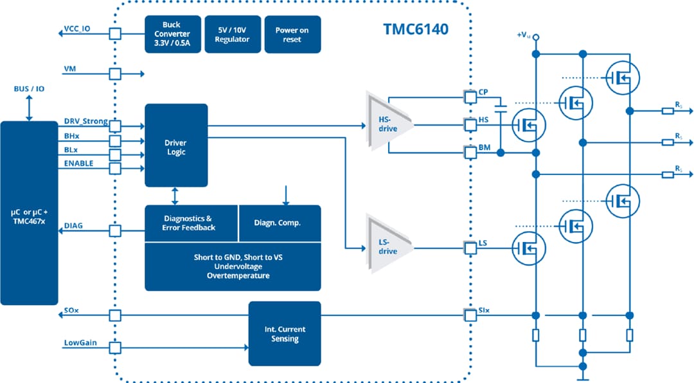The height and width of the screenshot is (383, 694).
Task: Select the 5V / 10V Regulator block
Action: (231, 34)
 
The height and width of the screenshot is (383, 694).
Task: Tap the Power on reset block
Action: (292, 34)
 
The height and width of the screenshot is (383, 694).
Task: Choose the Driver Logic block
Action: (176, 145)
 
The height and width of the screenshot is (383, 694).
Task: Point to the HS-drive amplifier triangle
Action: (388, 124)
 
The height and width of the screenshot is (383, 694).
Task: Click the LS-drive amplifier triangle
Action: (388, 246)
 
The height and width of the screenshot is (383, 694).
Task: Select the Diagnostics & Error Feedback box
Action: (191, 223)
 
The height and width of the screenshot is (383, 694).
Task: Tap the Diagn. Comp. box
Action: (279, 223)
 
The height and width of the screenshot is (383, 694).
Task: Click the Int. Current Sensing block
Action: (285, 334)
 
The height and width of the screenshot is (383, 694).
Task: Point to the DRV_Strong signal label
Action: (85, 121)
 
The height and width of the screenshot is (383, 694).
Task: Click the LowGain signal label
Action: (80, 342)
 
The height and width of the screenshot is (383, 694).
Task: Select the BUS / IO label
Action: (29, 88)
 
